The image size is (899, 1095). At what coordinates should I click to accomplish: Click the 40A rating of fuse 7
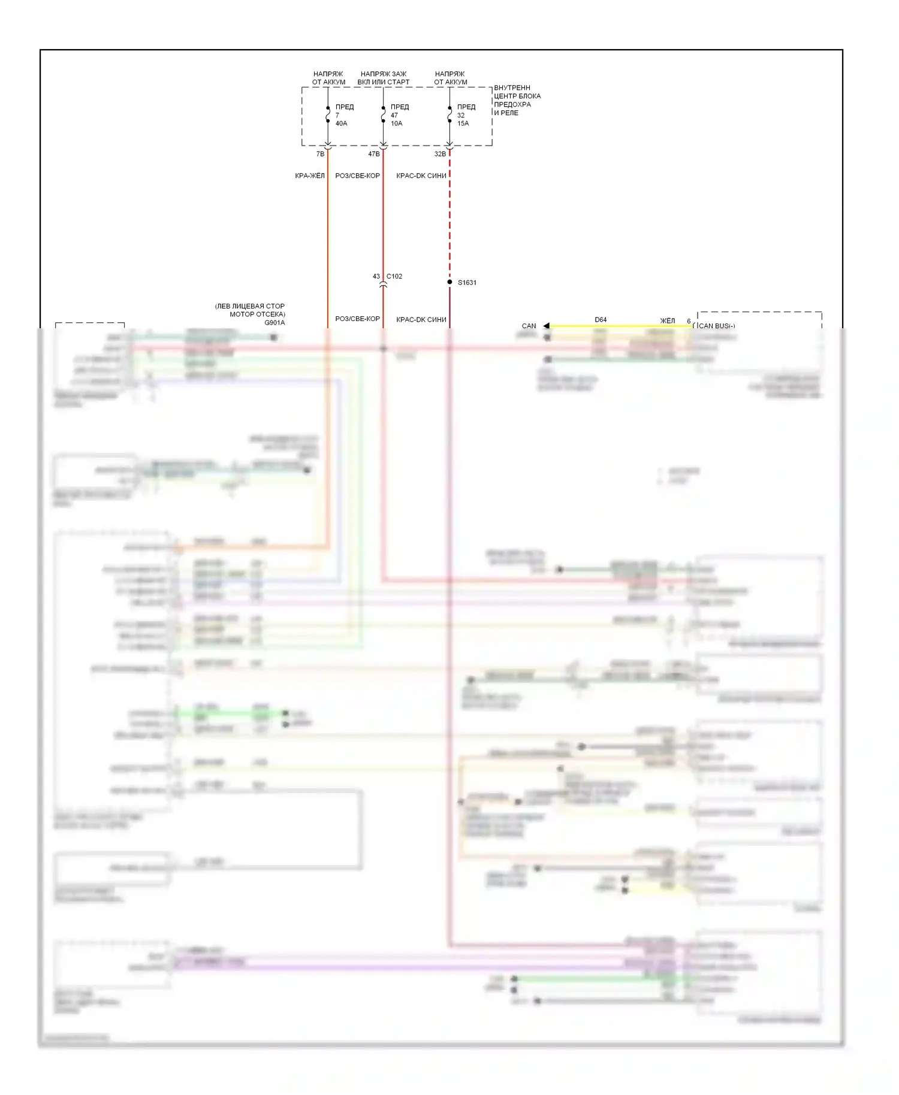(x=341, y=123)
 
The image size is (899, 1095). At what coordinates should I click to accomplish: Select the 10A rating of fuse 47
(x=396, y=123)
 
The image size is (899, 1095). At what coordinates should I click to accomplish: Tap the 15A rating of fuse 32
(x=463, y=123)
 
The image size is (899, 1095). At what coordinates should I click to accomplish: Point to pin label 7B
(x=320, y=154)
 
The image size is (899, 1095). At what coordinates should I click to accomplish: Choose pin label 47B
(x=373, y=154)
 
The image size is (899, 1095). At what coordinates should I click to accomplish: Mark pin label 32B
(x=440, y=154)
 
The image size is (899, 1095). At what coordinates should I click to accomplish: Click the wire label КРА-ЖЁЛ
(x=309, y=176)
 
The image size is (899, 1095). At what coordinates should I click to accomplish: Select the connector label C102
(x=394, y=276)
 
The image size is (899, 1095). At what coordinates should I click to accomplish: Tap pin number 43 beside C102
(x=376, y=276)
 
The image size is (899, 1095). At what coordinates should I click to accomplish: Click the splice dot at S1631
(x=450, y=282)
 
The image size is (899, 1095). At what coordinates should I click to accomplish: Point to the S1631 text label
(x=467, y=283)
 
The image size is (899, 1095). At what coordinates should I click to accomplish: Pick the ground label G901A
(x=274, y=322)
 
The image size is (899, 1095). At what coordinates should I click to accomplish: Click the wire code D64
(x=601, y=320)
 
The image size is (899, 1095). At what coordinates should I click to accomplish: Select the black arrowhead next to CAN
(x=546, y=326)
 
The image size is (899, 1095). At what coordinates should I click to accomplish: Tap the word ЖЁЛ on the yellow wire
(x=667, y=320)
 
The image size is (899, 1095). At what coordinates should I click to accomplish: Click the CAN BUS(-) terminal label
(x=716, y=326)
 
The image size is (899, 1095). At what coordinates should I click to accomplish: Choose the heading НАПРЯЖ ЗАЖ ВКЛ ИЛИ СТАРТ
(x=384, y=78)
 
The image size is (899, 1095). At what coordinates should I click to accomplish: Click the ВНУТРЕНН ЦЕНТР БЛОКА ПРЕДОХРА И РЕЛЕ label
(x=517, y=100)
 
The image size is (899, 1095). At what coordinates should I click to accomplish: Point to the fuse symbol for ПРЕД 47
(x=383, y=114)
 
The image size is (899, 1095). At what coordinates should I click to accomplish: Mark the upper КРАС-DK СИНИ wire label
(x=421, y=176)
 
